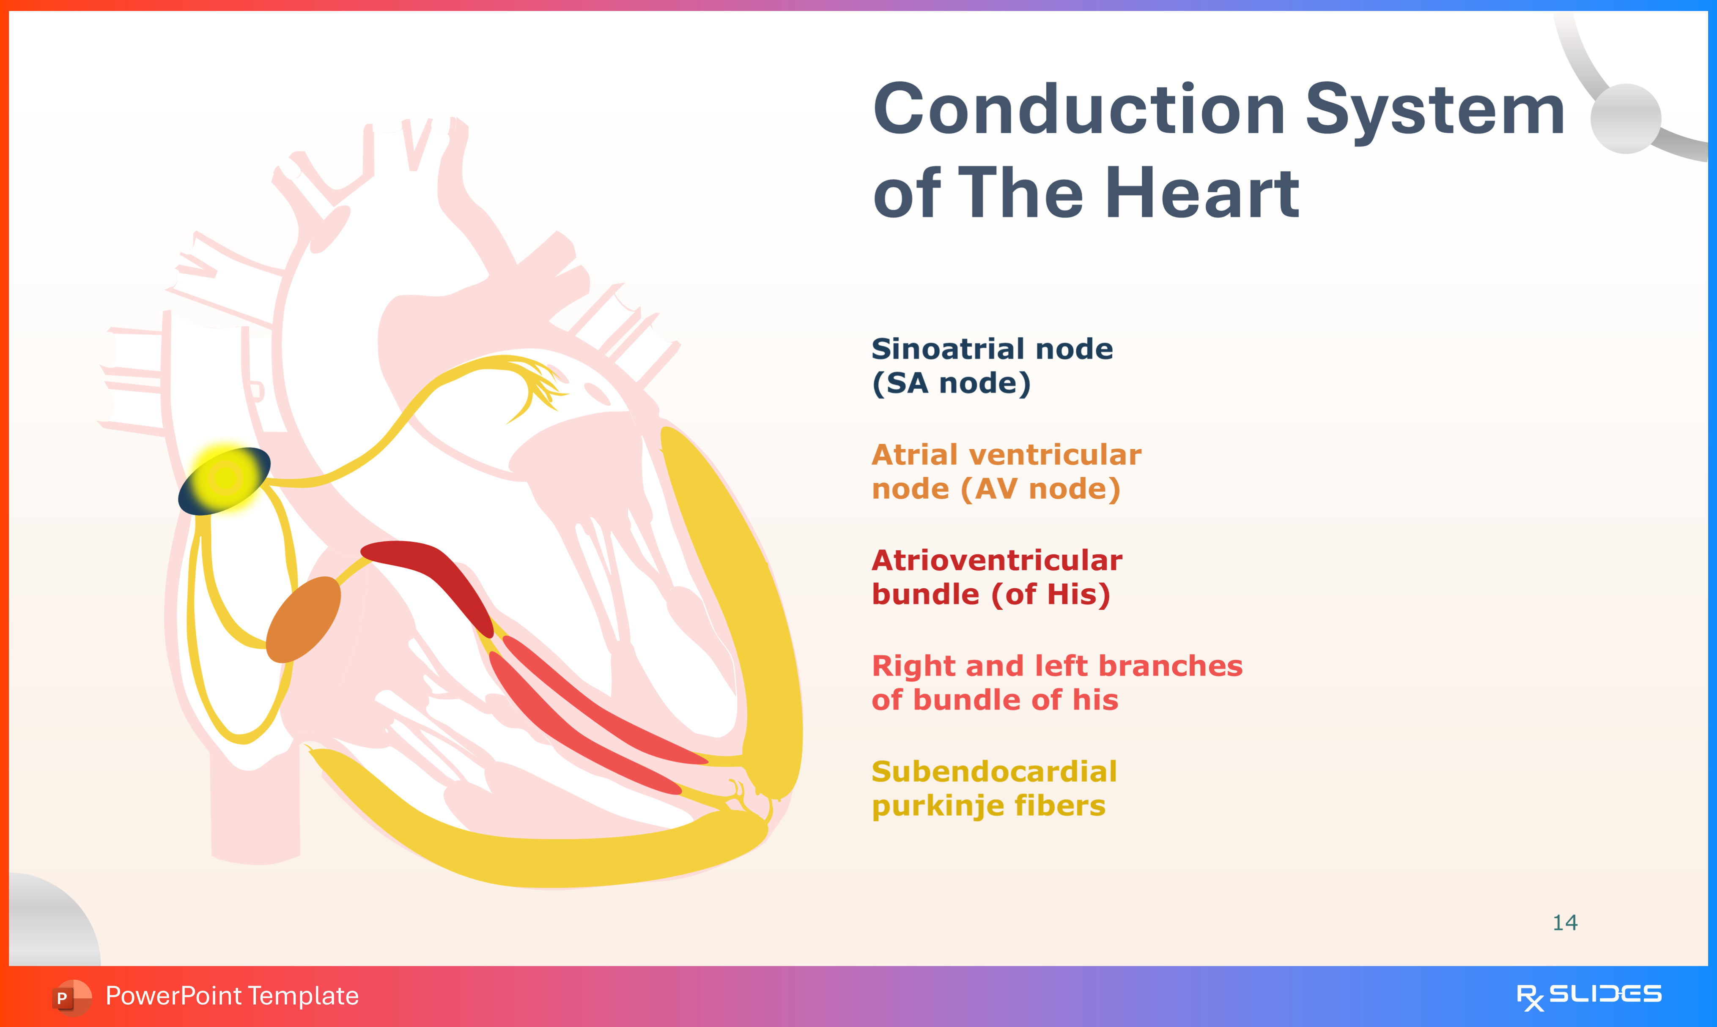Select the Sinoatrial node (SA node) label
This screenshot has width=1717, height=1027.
coord(991,366)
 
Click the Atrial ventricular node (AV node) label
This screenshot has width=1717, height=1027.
coord(1005,471)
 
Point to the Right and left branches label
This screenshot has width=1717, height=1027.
coord(1056,683)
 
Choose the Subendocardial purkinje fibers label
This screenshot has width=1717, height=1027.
coord(993,788)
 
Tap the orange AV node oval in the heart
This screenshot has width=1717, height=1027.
coord(303,620)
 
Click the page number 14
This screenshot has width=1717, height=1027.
coord(1565,923)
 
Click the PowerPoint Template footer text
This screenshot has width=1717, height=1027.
coord(232,996)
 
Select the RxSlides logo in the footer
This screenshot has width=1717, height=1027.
coord(1589,996)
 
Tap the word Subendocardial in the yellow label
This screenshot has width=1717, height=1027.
coord(993,772)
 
